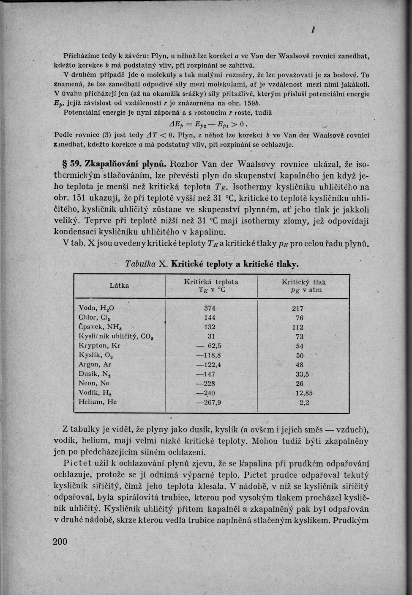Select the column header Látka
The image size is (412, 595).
point(119,286)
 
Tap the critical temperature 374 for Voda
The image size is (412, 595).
point(210,309)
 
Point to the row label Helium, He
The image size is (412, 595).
point(98,402)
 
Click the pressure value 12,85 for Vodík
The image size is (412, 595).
point(304,393)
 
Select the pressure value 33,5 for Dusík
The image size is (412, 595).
point(302,374)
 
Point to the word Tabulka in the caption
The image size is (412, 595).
point(141,264)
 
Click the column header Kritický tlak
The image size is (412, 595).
point(304,282)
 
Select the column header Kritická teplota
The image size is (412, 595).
point(211,282)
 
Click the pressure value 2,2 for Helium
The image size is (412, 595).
point(304,402)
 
